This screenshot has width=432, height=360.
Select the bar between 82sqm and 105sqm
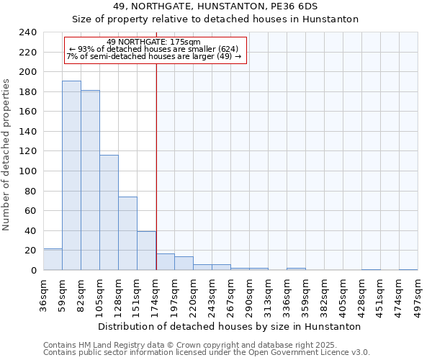point(90,180)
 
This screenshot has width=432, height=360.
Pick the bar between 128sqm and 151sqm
point(127,233)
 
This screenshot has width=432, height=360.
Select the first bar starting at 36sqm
point(53,259)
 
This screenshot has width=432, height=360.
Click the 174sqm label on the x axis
point(156,294)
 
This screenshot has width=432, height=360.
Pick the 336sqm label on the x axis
point(287,294)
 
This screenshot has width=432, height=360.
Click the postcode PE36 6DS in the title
point(287,6)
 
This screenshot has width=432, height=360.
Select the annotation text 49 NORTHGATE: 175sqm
point(153,42)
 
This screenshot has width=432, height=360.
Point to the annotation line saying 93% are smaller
point(153,49)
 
